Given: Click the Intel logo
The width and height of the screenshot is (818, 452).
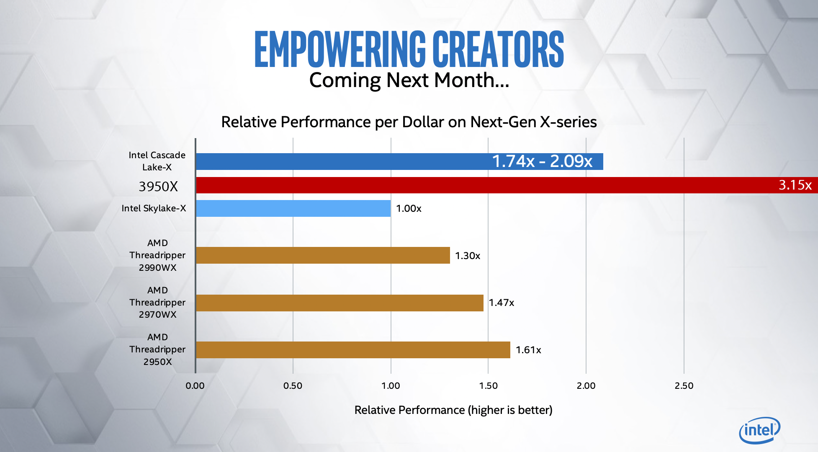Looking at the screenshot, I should [x=759, y=430].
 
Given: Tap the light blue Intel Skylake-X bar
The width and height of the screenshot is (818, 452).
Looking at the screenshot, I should [x=293, y=208].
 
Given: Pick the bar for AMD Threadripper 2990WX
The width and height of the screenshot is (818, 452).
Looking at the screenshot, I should [x=322, y=255].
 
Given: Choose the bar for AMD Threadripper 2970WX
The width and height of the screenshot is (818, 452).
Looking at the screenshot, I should [x=339, y=303].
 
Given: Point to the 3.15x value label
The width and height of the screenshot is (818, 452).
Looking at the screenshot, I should [x=795, y=185].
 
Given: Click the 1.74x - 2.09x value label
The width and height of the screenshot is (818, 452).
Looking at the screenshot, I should [x=542, y=161].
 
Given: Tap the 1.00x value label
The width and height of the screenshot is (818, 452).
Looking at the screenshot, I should [x=409, y=208].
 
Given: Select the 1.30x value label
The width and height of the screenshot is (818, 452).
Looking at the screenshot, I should [x=468, y=256].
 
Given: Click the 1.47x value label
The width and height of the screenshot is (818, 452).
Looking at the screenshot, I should [x=502, y=303].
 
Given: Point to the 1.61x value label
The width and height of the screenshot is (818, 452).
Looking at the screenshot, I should [x=528, y=350].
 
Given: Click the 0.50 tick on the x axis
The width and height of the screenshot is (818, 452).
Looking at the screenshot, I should [x=293, y=385].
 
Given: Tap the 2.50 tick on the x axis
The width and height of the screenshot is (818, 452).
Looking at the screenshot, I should [x=684, y=385].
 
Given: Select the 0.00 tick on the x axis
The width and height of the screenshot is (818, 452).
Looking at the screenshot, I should [x=195, y=385].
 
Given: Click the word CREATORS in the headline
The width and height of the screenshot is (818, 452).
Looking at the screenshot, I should [x=498, y=49].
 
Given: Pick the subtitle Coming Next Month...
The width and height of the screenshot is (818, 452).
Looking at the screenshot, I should [x=409, y=80].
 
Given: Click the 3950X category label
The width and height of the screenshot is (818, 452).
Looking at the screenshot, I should [x=158, y=186].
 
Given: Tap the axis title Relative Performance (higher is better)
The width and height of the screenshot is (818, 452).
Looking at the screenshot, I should [x=453, y=410].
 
